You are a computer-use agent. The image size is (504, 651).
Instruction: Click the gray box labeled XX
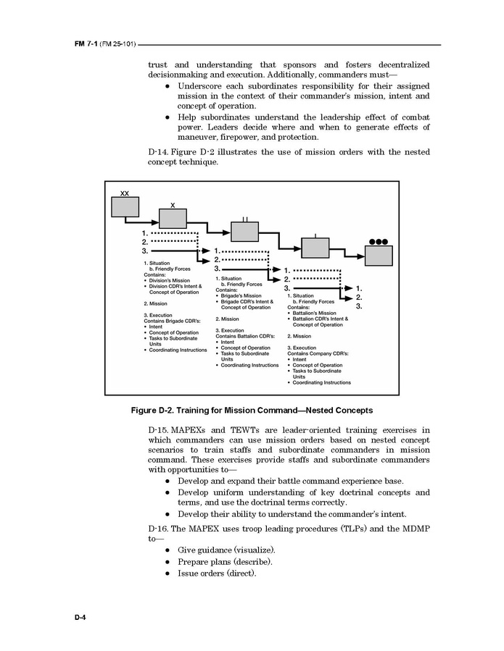tap(125, 206)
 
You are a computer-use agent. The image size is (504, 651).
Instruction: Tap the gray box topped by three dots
tap(379, 256)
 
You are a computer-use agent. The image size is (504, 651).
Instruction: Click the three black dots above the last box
tap(379, 241)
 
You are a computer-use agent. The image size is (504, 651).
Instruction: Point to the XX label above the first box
tap(125, 193)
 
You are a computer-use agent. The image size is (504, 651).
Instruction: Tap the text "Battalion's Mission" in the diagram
tap(314, 313)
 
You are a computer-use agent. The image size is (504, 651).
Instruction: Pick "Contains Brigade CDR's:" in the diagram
tap(173, 321)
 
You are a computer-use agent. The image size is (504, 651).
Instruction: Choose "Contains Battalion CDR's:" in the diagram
tap(246, 336)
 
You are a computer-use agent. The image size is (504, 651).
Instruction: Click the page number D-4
tap(80, 616)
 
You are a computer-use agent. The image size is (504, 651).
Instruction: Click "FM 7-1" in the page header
tap(86, 45)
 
